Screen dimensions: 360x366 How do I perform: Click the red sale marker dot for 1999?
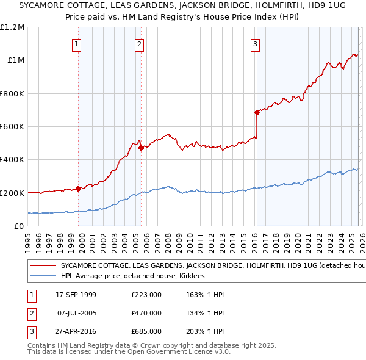78,189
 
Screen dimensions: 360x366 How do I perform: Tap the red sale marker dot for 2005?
141,148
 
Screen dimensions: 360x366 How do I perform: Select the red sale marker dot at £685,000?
257,112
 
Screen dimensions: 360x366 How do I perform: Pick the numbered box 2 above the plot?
140,43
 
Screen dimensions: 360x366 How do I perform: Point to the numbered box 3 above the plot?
255,43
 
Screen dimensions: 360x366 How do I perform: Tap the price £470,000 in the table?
146,313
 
